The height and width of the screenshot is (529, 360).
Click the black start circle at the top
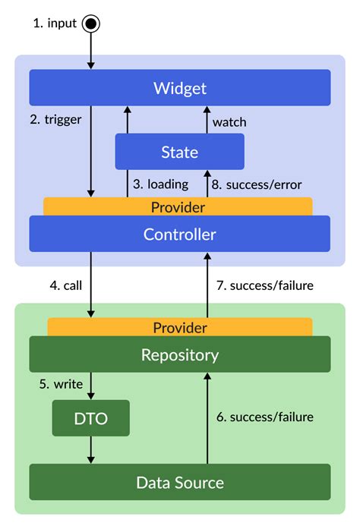(x=91, y=24)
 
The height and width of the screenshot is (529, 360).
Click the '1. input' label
(x=55, y=24)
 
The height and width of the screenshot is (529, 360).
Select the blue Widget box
(x=180, y=88)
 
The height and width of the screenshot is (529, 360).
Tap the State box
(x=180, y=152)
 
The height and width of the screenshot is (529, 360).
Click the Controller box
(x=180, y=234)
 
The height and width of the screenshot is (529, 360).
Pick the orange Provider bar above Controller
(x=178, y=206)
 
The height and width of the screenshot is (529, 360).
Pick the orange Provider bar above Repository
(x=180, y=327)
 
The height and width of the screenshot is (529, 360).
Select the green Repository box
(x=180, y=354)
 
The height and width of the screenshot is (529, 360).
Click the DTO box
(x=90, y=418)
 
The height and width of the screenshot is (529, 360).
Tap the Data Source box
(x=180, y=482)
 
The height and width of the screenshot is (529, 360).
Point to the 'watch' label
(x=229, y=121)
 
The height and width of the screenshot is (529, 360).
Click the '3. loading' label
(x=161, y=184)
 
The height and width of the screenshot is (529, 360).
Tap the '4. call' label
(x=65, y=286)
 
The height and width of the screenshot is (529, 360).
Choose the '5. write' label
(x=61, y=384)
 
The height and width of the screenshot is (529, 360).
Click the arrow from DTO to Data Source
(x=91, y=450)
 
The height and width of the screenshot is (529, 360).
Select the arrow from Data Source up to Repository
(x=207, y=417)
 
